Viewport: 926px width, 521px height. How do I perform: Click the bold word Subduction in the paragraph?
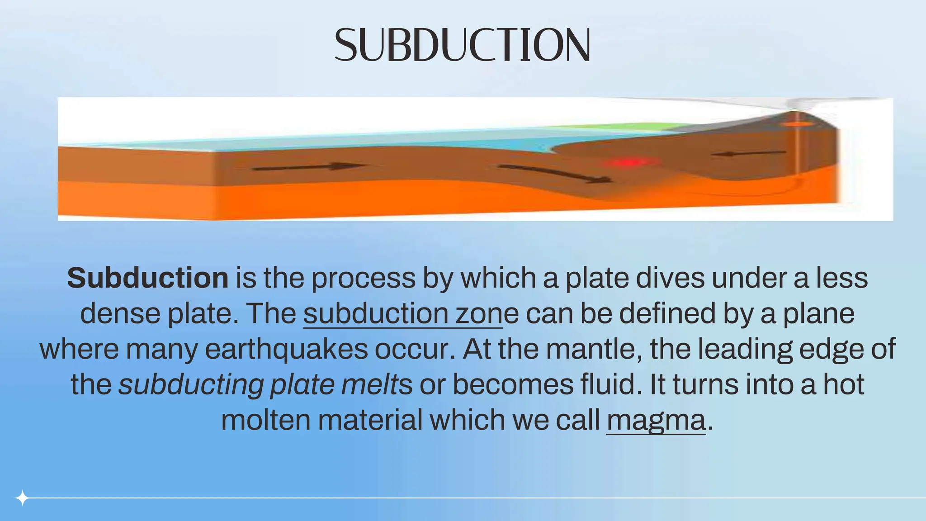[x=148, y=278]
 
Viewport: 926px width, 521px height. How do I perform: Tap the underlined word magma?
[x=656, y=420]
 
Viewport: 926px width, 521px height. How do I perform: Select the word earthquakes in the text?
[x=286, y=349]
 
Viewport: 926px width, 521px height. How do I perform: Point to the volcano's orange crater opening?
[x=797, y=123]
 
